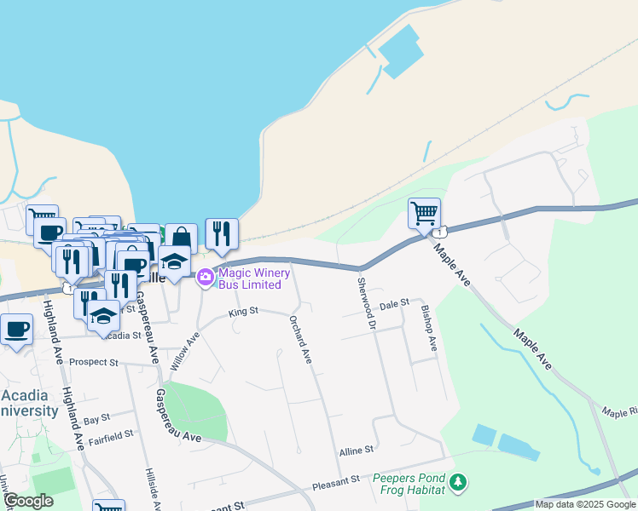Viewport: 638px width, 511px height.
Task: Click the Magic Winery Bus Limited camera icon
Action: (205, 278)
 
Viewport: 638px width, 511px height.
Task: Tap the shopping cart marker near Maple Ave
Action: (424, 213)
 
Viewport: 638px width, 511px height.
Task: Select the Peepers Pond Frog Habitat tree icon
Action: (459, 484)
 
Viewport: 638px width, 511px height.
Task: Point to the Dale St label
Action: (395, 302)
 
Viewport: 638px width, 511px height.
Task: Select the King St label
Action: (243, 313)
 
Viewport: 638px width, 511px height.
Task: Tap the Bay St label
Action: (97, 419)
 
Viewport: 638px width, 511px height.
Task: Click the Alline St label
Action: (357, 450)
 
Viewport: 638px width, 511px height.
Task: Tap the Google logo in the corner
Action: (28, 500)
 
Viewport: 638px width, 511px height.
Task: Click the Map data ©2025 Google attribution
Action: (585, 504)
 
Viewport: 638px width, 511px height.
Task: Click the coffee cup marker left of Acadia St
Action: (15, 330)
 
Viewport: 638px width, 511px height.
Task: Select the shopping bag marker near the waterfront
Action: (181, 238)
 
